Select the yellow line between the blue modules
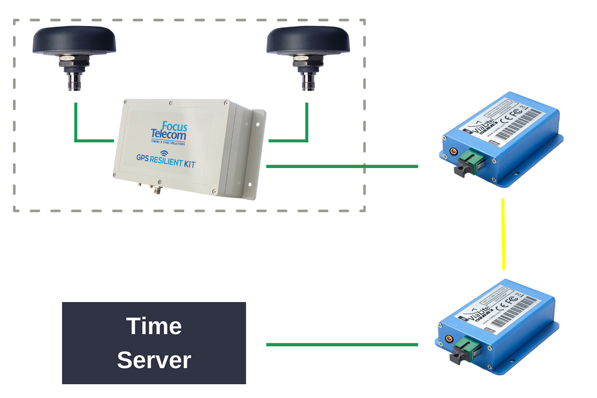503,234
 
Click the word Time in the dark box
154,326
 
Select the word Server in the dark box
154,360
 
